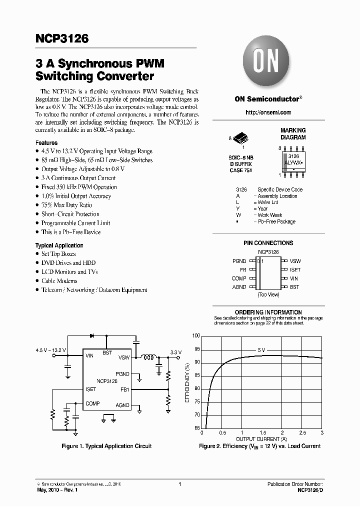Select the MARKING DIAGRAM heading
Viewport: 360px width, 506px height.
(x=292, y=133)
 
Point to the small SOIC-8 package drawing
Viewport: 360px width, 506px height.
(x=240, y=138)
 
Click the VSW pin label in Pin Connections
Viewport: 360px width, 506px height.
(x=295, y=261)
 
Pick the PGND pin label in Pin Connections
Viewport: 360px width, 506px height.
(x=239, y=261)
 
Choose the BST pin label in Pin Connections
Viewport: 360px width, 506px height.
(x=294, y=287)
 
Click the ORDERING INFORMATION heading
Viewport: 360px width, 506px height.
(x=268, y=312)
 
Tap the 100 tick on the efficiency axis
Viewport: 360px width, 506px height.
(x=196, y=336)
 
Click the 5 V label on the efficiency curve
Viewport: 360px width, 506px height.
(x=261, y=350)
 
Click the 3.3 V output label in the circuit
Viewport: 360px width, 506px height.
(x=176, y=352)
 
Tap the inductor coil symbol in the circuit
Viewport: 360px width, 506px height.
(x=148, y=357)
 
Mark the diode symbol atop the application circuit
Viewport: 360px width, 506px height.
(x=91, y=336)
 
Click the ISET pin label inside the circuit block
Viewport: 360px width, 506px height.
(x=90, y=389)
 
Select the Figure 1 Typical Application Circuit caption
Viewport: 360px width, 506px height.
(x=106, y=446)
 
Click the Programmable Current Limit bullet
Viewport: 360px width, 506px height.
(x=75, y=223)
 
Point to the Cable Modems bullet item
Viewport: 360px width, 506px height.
(x=59, y=281)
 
